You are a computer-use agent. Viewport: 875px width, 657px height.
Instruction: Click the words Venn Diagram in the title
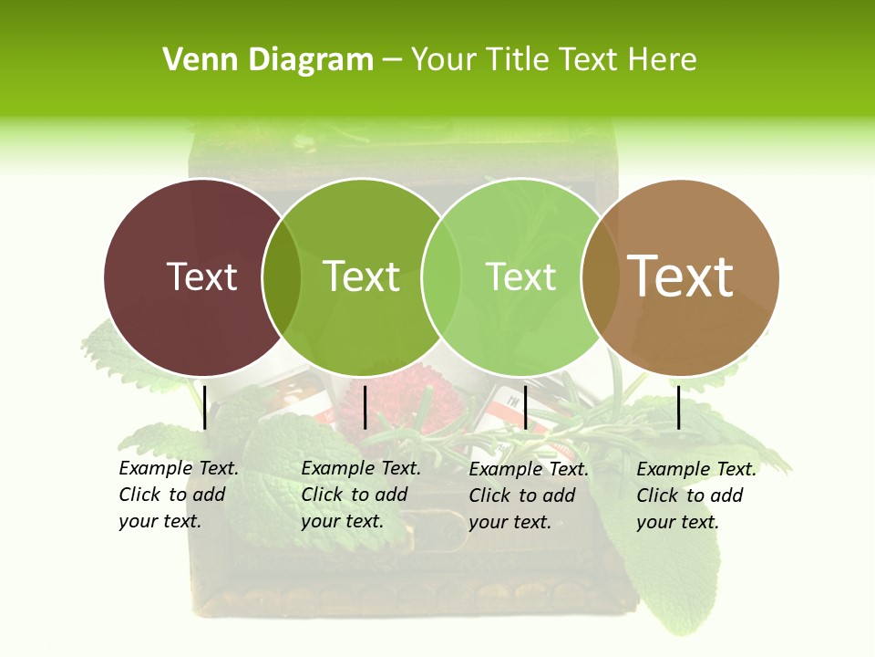click(268, 60)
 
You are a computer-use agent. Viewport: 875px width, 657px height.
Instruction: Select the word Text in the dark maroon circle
click(201, 276)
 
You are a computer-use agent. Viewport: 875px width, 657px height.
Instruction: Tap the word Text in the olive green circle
click(362, 276)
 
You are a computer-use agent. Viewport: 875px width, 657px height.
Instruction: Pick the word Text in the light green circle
click(520, 276)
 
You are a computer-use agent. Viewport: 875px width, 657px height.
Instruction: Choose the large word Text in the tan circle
click(681, 276)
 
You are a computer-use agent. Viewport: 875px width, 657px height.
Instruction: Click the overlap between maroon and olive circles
click(282, 276)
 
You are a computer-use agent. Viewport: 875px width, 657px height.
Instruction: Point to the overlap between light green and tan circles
click(599, 276)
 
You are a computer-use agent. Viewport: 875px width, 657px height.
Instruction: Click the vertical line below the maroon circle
click(205, 407)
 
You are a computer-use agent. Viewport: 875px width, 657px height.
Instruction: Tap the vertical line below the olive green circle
click(365, 407)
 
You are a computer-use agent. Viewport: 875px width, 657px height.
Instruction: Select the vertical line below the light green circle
click(525, 407)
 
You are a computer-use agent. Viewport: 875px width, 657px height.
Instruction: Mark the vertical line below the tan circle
click(679, 407)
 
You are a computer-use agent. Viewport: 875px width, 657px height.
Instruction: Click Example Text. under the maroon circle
click(179, 469)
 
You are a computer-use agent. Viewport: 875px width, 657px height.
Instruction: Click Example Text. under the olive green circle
click(361, 469)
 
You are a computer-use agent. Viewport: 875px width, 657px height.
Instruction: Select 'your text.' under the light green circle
click(510, 523)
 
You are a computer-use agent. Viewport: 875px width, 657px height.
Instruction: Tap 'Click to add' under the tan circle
click(690, 495)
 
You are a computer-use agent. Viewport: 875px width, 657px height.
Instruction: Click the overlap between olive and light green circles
click(440, 276)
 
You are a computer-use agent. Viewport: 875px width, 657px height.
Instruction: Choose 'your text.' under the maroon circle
click(160, 522)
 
